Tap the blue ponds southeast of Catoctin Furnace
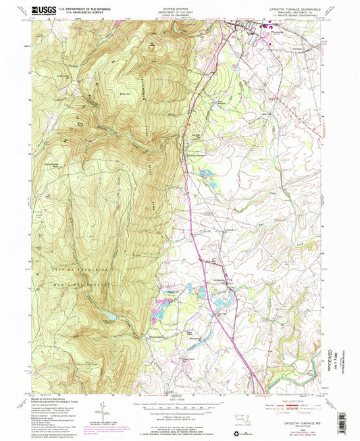pos(208,182)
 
